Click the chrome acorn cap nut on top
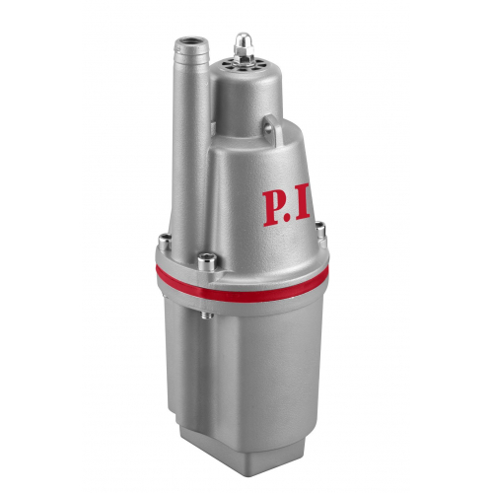[243, 42]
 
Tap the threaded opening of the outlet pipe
[191, 42]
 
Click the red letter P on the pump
[273, 208]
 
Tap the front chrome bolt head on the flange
[207, 261]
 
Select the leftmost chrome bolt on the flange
[165, 242]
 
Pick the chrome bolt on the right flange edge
[320, 230]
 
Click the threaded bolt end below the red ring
[207, 316]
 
